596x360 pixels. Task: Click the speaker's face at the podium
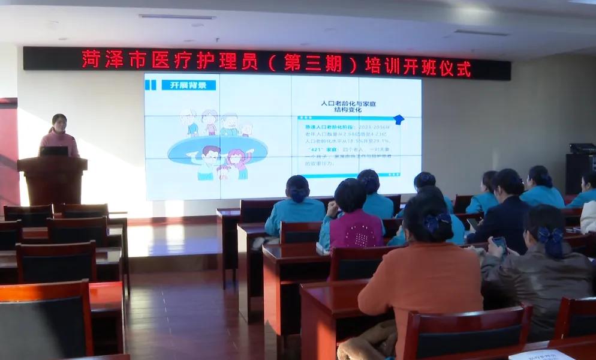pos(59,123)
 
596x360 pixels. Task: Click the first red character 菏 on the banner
pos(91,59)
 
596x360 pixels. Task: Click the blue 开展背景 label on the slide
pos(188,85)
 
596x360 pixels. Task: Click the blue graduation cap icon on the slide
pos(398,119)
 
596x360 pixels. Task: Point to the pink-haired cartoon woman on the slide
pos(239,161)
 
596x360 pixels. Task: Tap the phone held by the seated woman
pos(499,242)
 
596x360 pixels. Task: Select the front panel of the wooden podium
pos(53,183)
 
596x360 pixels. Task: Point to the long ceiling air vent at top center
pos(177,17)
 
